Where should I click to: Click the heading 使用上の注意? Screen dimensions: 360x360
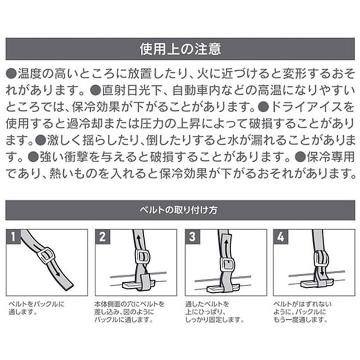click(180, 49)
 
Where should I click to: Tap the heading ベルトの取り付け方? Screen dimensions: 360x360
click(179, 210)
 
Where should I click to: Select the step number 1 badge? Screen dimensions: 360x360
click(13, 237)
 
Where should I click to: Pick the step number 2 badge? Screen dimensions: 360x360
click(102, 237)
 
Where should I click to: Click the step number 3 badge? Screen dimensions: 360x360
click(192, 237)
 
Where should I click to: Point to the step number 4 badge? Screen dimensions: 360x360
click(280, 237)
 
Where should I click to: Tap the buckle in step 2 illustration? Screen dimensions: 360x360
click(143, 258)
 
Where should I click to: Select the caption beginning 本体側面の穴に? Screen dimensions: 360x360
click(130, 312)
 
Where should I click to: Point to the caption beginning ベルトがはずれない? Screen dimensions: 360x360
click(302, 312)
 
